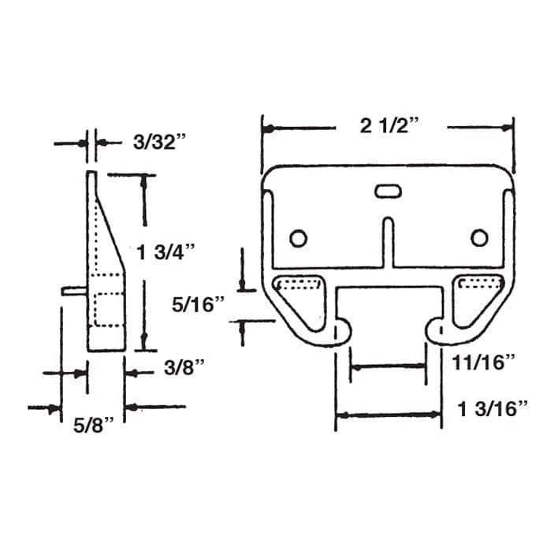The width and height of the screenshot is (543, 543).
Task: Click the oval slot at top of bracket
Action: point(387,190)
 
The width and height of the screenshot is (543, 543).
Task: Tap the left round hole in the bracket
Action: point(298,238)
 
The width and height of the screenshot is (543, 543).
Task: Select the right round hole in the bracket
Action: point(478,238)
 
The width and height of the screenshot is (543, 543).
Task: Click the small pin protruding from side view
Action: point(73,290)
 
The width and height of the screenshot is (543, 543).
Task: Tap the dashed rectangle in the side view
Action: point(109,308)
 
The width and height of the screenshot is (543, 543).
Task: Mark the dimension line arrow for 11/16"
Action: point(388,366)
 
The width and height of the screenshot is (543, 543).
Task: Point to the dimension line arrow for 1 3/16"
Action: point(388,415)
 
